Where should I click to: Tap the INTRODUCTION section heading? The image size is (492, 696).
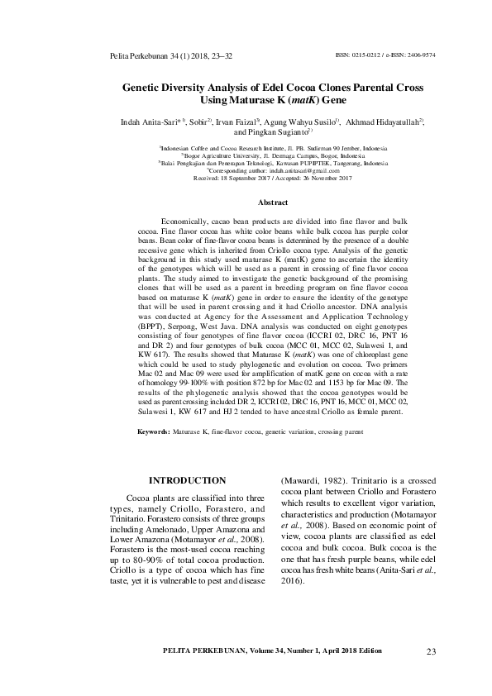(187, 480)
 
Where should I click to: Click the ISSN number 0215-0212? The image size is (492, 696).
(363, 55)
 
